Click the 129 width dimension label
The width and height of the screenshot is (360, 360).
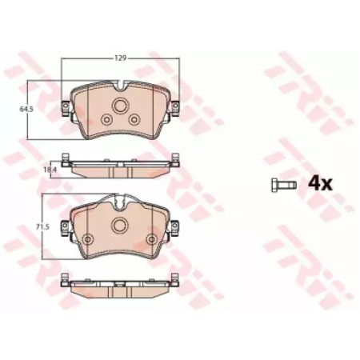pyautogui.click(x=120, y=58)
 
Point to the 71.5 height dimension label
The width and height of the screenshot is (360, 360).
pyautogui.click(x=42, y=227)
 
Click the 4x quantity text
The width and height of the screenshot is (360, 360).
pyautogui.click(x=320, y=184)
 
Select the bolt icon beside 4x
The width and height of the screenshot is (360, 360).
pyautogui.click(x=284, y=185)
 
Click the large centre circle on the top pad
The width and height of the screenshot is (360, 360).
pyautogui.click(x=119, y=106)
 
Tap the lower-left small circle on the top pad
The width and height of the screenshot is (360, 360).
pyautogui.click(x=106, y=119)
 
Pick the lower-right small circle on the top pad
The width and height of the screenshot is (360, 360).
pyautogui.click(x=134, y=119)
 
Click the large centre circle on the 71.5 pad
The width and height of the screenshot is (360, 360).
pyautogui.click(x=119, y=226)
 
